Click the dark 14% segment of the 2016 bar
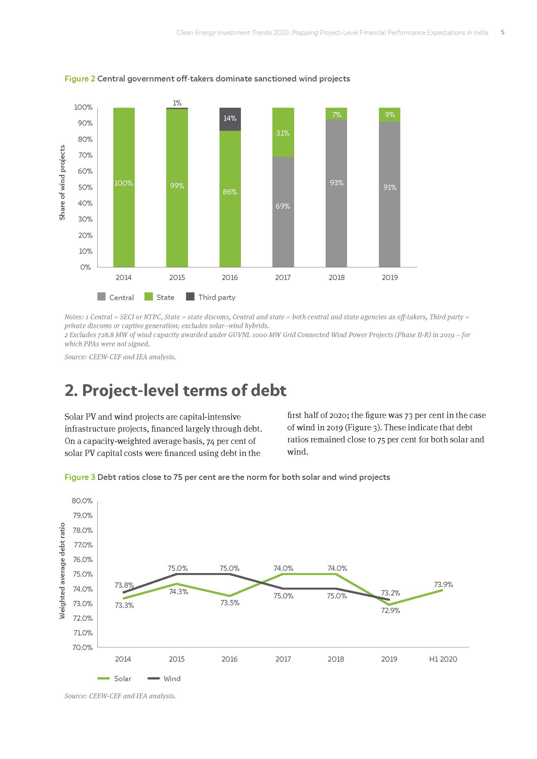point(230,119)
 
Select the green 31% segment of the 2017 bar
point(283,132)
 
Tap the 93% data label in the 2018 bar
point(336,183)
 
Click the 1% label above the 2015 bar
point(177,103)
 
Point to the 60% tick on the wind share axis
point(85,171)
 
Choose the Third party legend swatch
point(190,297)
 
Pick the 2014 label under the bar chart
point(123,277)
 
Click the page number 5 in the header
point(502,32)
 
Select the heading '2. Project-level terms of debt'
point(175,390)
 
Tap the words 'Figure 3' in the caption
point(80,477)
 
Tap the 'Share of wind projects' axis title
point(62,182)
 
